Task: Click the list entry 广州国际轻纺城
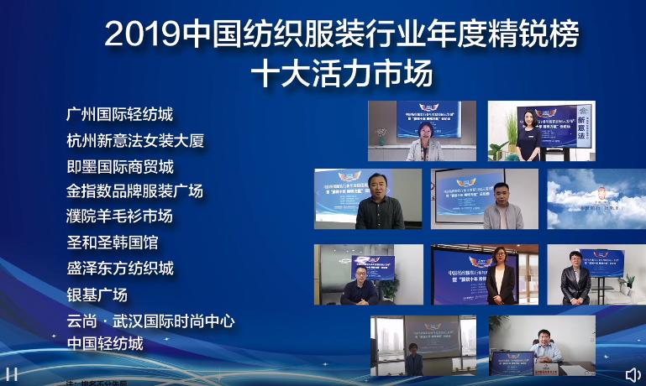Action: [120, 114]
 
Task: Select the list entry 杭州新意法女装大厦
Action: [135, 140]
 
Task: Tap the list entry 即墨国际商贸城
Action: [120, 166]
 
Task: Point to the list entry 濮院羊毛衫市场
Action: [119, 216]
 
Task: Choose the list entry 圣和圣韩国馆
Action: [113, 243]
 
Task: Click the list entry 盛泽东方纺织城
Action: [120, 269]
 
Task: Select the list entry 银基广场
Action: [97, 295]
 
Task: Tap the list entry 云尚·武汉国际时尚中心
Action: [150, 321]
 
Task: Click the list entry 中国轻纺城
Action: [105, 343]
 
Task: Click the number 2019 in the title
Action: [143, 34]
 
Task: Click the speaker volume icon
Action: [632, 374]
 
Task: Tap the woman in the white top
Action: [528, 134]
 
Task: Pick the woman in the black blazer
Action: [500, 277]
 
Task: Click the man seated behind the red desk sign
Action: [543, 342]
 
